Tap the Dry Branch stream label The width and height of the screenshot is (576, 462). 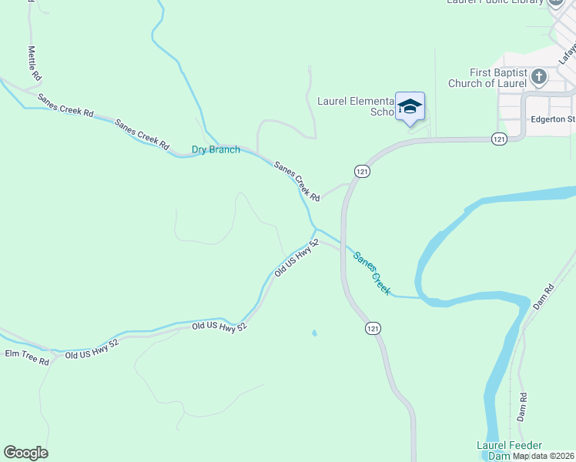click(x=216, y=149)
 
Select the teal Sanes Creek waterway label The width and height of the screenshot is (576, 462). click(x=372, y=273)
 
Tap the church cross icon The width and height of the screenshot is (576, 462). click(x=538, y=76)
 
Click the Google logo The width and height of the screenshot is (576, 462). click(x=25, y=453)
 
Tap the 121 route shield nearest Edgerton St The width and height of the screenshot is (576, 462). click(x=500, y=139)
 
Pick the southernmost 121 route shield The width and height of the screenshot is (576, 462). click(x=373, y=329)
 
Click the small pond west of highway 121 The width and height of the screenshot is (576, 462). click(x=313, y=333)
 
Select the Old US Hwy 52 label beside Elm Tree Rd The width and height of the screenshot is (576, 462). click(x=90, y=352)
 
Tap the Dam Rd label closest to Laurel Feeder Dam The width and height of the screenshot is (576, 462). click(x=522, y=406)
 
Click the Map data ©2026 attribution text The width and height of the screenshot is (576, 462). click(x=544, y=456)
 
